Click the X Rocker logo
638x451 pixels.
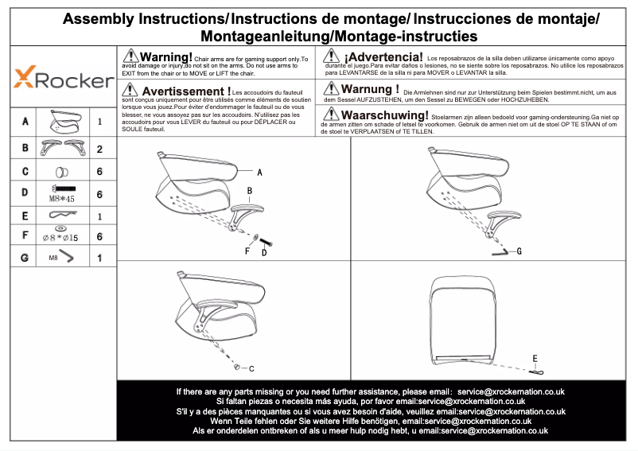tap(64, 79)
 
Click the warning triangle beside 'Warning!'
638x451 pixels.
tap(130, 56)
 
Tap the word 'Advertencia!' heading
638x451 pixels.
tap(383, 57)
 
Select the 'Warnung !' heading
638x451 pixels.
tap(370, 89)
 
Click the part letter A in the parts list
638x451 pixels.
tap(26, 122)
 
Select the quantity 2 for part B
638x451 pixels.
tap(99, 149)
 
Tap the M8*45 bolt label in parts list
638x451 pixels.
tap(62, 199)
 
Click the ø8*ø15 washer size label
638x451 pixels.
tap(60, 237)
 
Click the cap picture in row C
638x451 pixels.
tap(61, 171)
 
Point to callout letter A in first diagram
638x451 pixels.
tap(260, 172)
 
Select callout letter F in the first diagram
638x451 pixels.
tap(247, 251)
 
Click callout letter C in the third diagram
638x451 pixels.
tap(251, 368)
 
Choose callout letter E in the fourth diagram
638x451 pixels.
tap(535, 358)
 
